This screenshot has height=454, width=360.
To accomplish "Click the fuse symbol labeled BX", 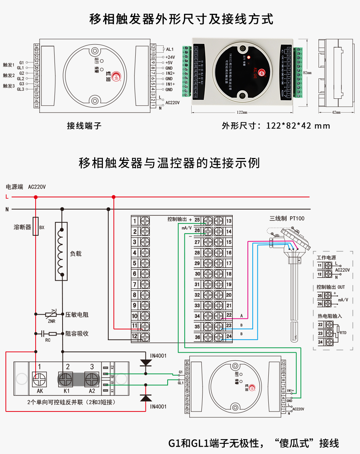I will [36, 226].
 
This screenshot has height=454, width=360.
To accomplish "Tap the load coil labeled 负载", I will [62, 251].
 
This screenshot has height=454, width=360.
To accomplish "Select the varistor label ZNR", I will [52, 321].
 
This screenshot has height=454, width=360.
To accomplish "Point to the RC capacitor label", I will [48, 340].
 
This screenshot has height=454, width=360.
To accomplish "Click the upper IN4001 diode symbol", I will [146, 362].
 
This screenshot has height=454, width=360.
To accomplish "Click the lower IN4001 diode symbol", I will [146, 398].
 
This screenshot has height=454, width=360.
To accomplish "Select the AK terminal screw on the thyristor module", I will [39, 380].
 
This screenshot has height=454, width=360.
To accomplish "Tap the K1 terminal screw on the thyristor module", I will [66, 380].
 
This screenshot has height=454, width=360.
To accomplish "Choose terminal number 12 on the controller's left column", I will [135, 336].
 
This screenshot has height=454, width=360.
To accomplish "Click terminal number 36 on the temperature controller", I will [197, 337].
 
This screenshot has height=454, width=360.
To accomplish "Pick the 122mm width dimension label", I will [242, 112].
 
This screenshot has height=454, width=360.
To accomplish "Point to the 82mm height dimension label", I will [307, 73].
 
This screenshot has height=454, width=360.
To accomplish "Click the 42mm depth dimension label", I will [336, 112].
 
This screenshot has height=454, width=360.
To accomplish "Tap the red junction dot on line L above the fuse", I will [36, 197].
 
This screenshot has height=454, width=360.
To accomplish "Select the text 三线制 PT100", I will [287, 218].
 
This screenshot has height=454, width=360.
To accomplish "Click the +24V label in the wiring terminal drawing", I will [170, 57].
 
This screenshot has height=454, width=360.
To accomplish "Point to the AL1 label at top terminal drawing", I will [170, 49].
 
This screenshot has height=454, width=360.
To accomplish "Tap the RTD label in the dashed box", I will [343, 333].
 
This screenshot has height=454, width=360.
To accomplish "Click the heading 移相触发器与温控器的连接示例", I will [169, 163].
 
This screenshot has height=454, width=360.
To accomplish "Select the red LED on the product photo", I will [249, 57].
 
